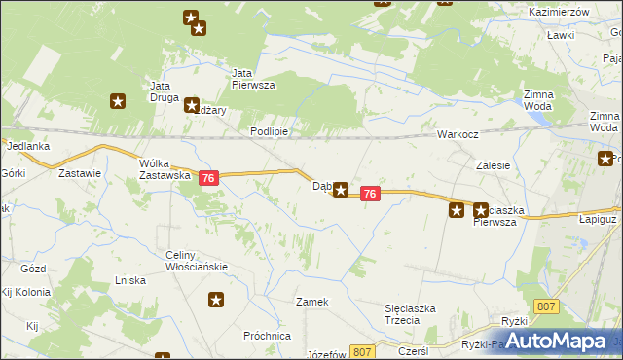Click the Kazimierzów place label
(560, 11)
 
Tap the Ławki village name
(560, 34)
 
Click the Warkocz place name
(457, 134)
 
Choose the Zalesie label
(494, 165)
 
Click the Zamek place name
(312, 302)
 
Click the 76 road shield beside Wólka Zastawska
(208, 179)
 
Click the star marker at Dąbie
(341, 190)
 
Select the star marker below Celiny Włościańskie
(216, 301)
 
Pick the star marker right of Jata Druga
(192, 105)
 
